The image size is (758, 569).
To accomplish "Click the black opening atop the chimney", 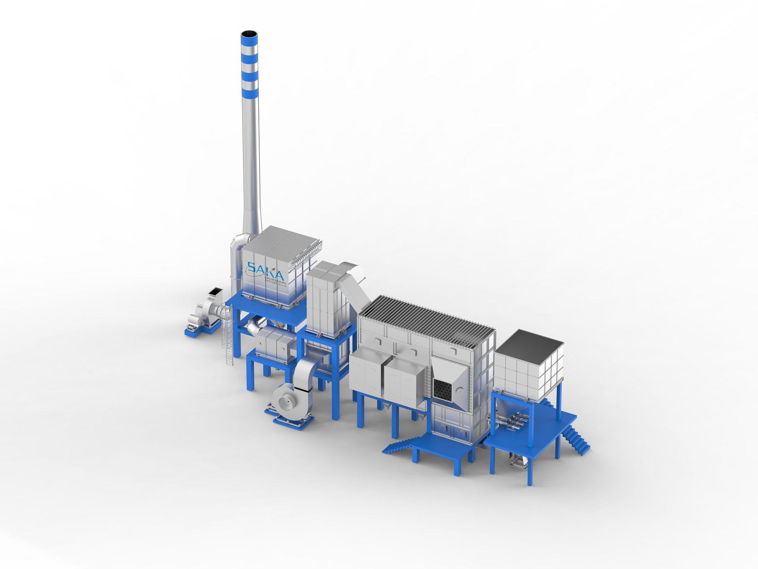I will pos(249,35).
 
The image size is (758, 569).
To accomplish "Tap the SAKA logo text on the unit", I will pos(265,270).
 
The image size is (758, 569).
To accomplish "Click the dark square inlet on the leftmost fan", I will pos(215,292).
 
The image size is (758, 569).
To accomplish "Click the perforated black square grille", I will pos(443,389).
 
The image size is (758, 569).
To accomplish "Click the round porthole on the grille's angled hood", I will pos(460,389).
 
